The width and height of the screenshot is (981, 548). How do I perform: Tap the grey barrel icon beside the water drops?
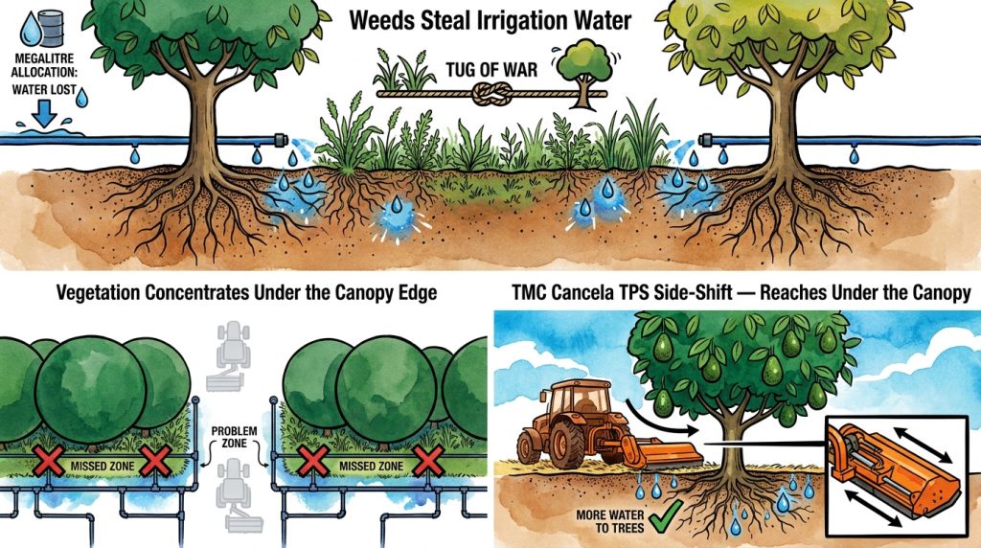click(x=51, y=28)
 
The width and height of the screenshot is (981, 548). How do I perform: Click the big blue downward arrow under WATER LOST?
click(x=44, y=113)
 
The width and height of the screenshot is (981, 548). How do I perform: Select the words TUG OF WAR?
click(x=491, y=69)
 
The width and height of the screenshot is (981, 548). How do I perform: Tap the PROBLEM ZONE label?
click(x=234, y=437)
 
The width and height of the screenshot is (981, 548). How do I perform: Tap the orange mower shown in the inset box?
click(x=896, y=473)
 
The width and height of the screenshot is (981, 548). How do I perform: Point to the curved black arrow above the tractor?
click(x=658, y=418)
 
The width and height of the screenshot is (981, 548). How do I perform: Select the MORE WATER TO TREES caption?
click(x=610, y=521)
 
